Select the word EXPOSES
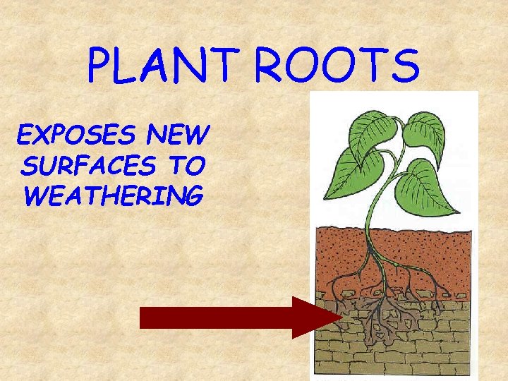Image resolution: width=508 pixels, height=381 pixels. pyautogui.click(x=66, y=133)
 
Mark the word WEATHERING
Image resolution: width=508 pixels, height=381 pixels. pyautogui.click(x=113, y=195)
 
